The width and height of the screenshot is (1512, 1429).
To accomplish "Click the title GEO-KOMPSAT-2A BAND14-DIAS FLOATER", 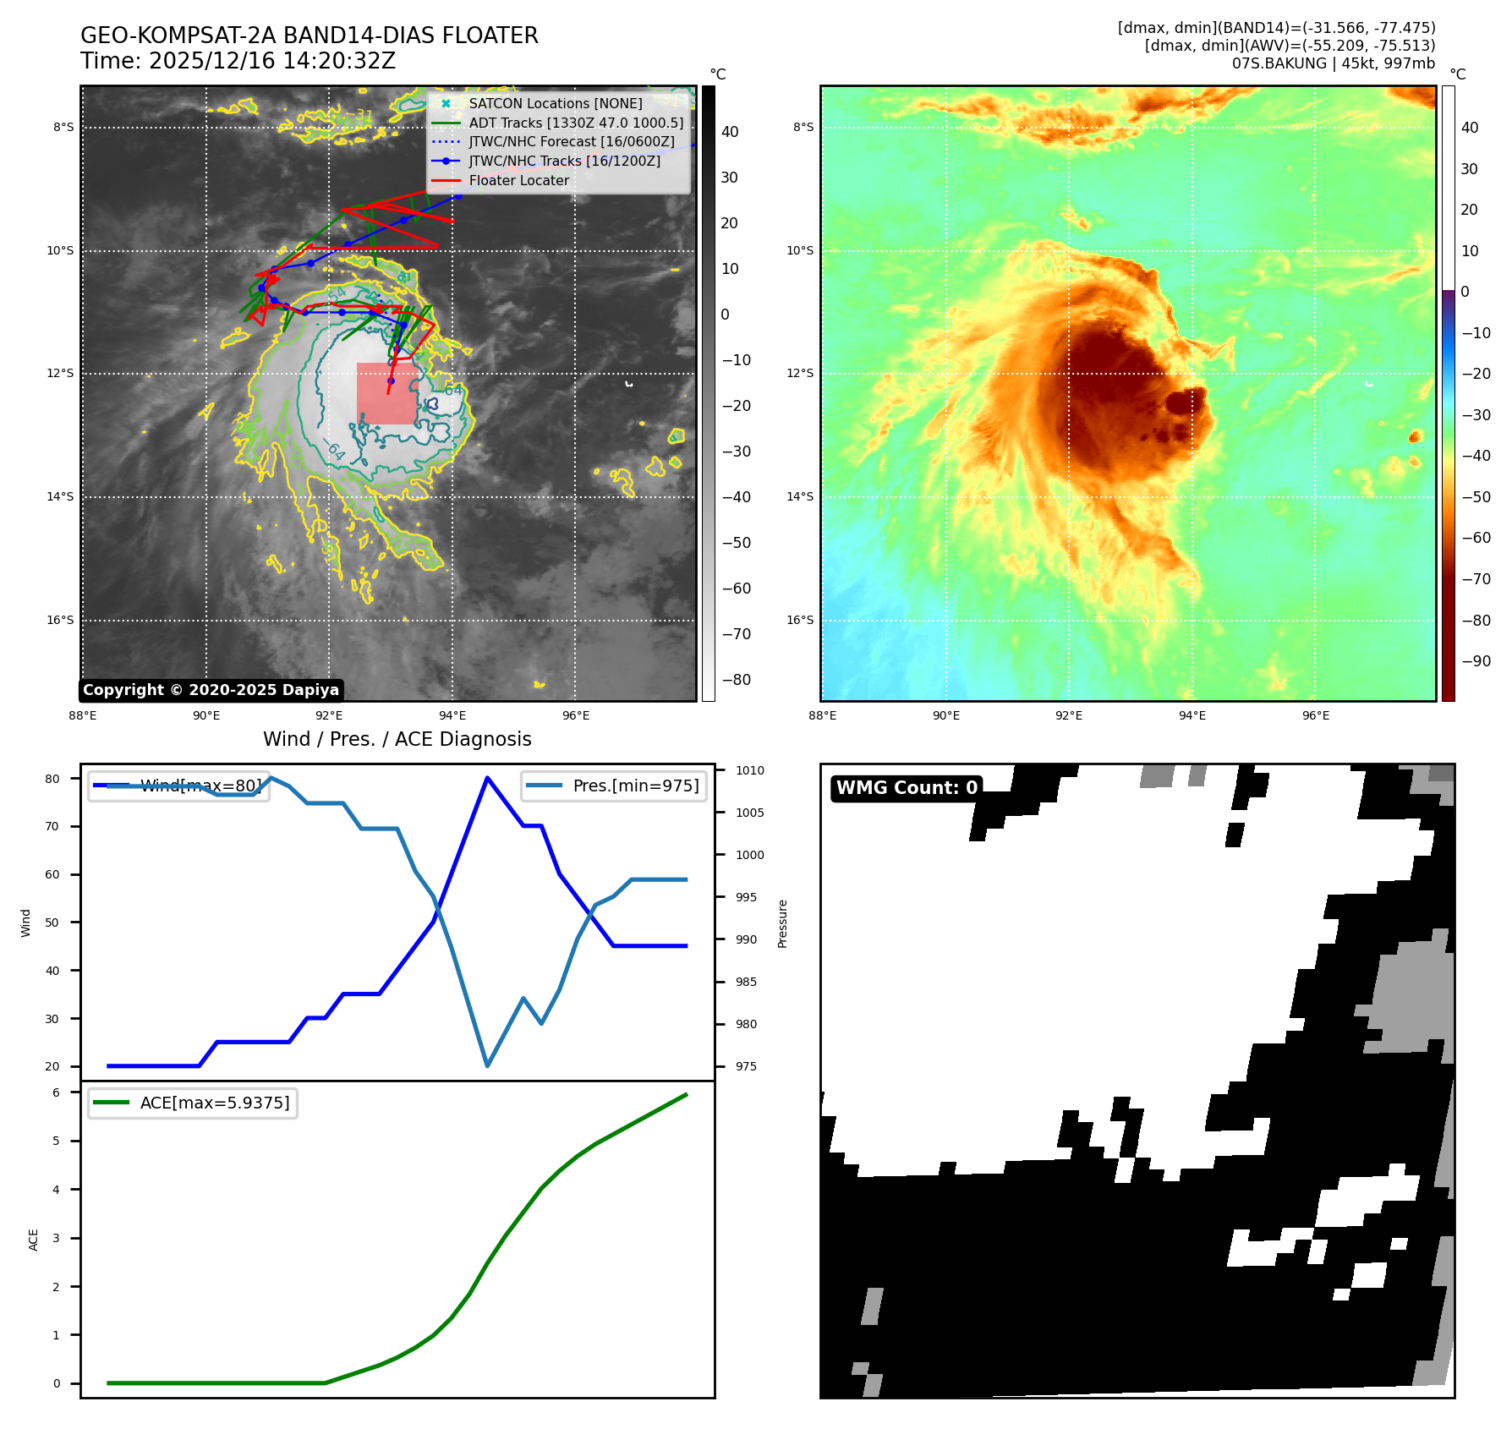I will click(x=309, y=36).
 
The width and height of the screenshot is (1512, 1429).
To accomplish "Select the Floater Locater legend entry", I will click(x=518, y=180).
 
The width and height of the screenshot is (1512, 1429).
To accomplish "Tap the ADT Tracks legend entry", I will click(x=576, y=123).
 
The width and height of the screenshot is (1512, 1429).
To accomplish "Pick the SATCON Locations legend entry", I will click(x=556, y=103).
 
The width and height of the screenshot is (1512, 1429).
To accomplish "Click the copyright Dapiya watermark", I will click(x=211, y=690).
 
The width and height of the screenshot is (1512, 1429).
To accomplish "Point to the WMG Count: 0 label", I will click(x=907, y=788).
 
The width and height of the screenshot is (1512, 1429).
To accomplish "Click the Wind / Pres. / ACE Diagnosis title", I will click(x=397, y=740).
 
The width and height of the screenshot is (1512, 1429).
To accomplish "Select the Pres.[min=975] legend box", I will click(x=614, y=786).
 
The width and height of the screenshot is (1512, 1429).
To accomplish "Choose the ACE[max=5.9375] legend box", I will click(x=193, y=1103).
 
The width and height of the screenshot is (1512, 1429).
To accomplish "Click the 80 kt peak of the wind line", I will click(x=487, y=778).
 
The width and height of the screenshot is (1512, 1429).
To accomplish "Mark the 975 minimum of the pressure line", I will click(x=487, y=1065).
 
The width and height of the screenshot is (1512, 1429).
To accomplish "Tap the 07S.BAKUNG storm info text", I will click(x=1333, y=63).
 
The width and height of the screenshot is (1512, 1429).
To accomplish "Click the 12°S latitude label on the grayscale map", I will click(x=61, y=374).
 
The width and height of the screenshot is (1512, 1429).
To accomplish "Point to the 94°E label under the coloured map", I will click(x=1192, y=715).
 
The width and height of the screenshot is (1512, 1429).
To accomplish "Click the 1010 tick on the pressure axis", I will click(x=749, y=770).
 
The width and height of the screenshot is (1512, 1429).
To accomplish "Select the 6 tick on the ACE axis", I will click(x=57, y=1092).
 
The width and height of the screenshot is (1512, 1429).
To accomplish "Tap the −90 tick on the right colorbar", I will click(x=1476, y=661).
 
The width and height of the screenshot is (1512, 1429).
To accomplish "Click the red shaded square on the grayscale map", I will click(x=386, y=394).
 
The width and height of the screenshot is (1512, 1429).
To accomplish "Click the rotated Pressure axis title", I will click(x=783, y=923).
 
